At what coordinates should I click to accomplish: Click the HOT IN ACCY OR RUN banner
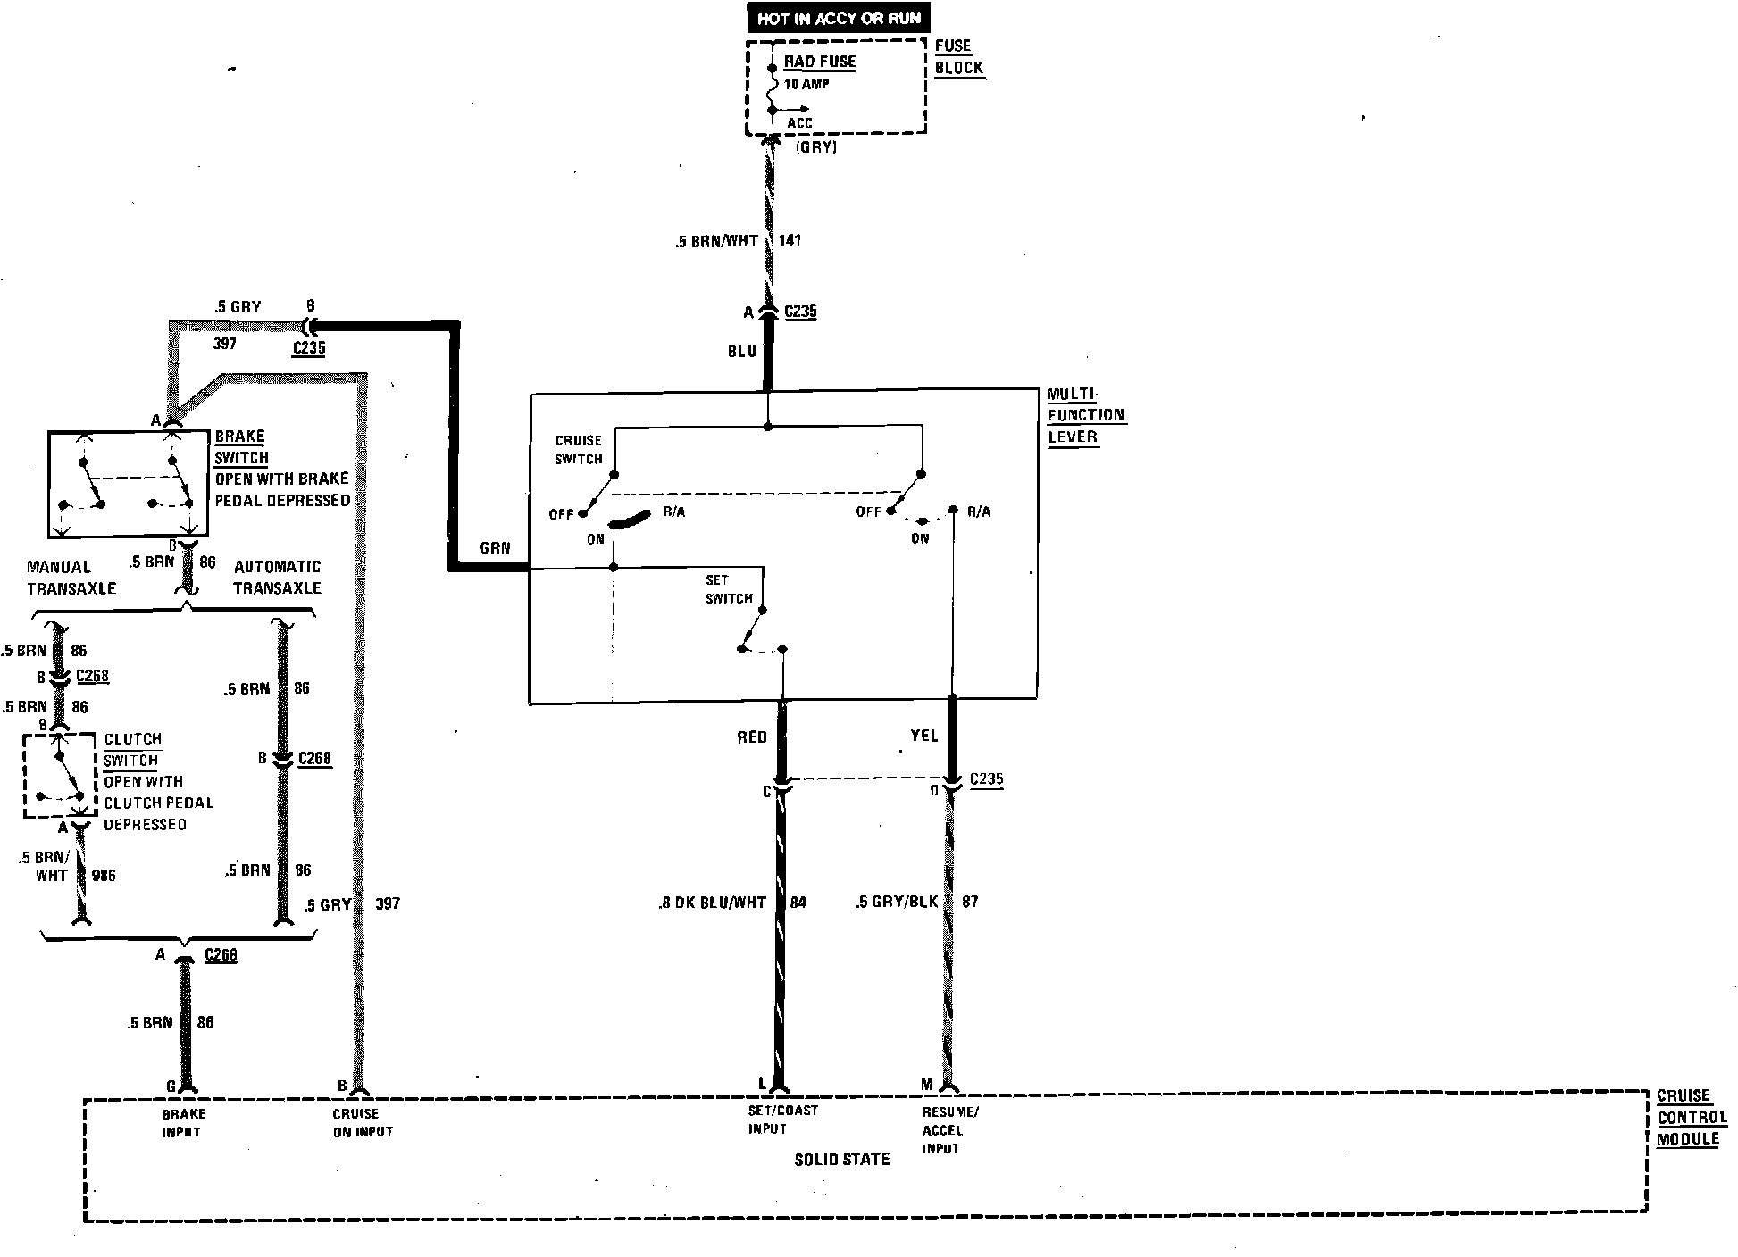tap(839, 18)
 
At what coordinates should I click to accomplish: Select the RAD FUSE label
tap(820, 62)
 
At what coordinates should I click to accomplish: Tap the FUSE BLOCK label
tap(958, 56)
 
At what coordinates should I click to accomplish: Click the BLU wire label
tap(742, 352)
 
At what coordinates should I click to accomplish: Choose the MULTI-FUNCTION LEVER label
tap(1085, 415)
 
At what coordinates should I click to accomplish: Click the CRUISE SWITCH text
tap(579, 450)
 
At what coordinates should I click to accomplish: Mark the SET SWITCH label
tap(729, 589)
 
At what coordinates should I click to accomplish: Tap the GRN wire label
tap(494, 548)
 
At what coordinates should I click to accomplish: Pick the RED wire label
tap(752, 737)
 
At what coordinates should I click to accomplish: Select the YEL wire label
tap(923, 736)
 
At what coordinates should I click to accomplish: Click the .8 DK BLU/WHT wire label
tap(713, 903)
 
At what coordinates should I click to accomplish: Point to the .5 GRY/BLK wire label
tap(897, 902)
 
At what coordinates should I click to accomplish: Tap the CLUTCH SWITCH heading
tap(132, 750)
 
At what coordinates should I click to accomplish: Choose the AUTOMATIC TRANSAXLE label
tap(277, 578)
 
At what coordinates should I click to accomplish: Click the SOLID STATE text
tap(841, 1160)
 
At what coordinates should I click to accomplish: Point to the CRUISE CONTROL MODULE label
tap(1692, 1117)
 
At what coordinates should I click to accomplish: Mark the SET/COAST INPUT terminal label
tap(770, 1120)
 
